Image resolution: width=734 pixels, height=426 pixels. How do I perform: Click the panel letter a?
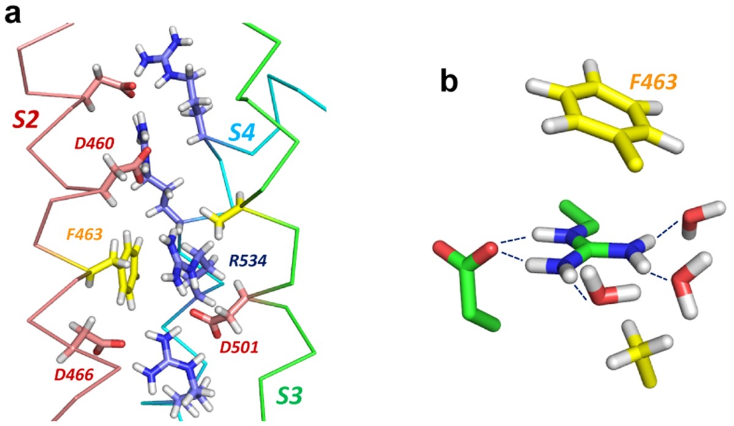tap(13, 13)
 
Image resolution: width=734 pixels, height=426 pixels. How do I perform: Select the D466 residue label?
tap(72, 374)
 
